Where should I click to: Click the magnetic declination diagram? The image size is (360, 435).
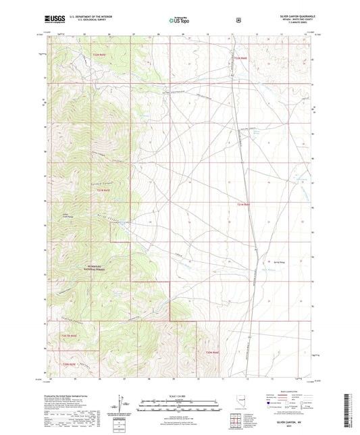point(122,405)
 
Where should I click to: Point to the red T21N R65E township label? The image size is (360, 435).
point(103,191)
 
